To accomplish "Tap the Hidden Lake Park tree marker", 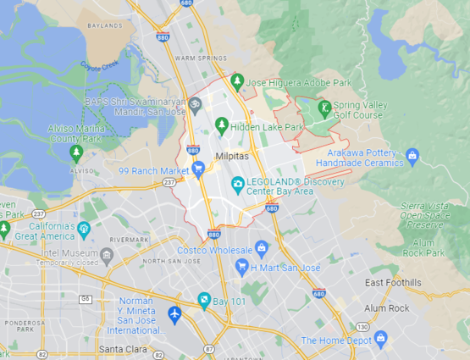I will (x=222, y=125).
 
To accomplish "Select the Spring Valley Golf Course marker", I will (x=324, y=108).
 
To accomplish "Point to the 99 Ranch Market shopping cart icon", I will (x=198, y=169).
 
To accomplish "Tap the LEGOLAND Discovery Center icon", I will (x=238, y=184).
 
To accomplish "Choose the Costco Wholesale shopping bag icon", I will (x=262, y=247).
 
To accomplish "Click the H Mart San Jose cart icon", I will (x=241, y=267).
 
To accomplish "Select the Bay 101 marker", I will (x=203, y=300).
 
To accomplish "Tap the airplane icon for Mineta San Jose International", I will (x=175, y=313).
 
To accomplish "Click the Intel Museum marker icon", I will (x=107, y=253).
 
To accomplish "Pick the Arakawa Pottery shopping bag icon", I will (x=412, y=155).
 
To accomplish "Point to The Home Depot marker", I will (x=380, y=339).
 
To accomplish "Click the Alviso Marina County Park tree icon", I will (x=76, y=152).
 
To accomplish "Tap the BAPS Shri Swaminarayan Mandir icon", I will (x=194, y=103).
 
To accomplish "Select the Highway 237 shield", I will (x=169, y=182).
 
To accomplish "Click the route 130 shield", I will (x=362, y=326).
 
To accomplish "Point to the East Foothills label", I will (x=392, y=282).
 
